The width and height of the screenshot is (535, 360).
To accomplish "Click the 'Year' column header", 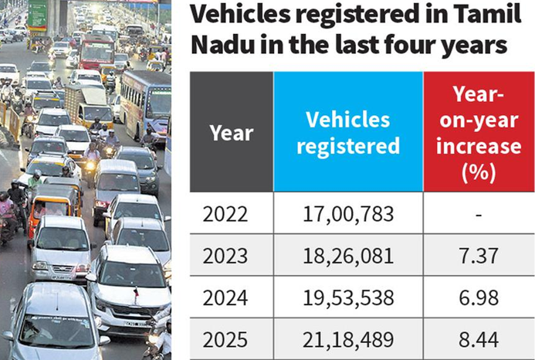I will (x=232, y=132).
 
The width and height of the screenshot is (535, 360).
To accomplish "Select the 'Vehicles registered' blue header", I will (x=353, y=132).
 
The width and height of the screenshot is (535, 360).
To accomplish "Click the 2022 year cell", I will (x=225, y=213).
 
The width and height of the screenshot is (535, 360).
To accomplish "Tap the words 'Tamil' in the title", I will (x=476, y=15).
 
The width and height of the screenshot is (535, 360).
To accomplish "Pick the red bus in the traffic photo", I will (x=97, y=51).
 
